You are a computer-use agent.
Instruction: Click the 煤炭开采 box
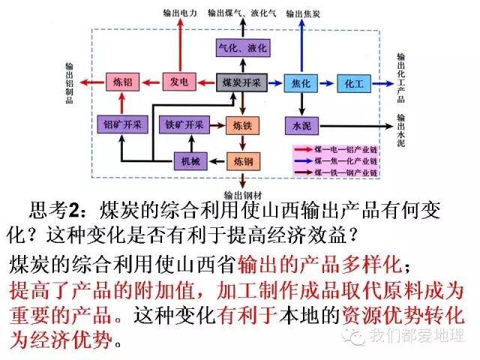click(x=241, y=82)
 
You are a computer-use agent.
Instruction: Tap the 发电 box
click(x=179, y=82)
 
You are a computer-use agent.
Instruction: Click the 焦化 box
click(x=302, y=82)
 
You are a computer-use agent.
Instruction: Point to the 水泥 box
click(x=302, y=125)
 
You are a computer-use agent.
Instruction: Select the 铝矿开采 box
click(x=120, y=124)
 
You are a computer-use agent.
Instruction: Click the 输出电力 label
click(x=179, y=13)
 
